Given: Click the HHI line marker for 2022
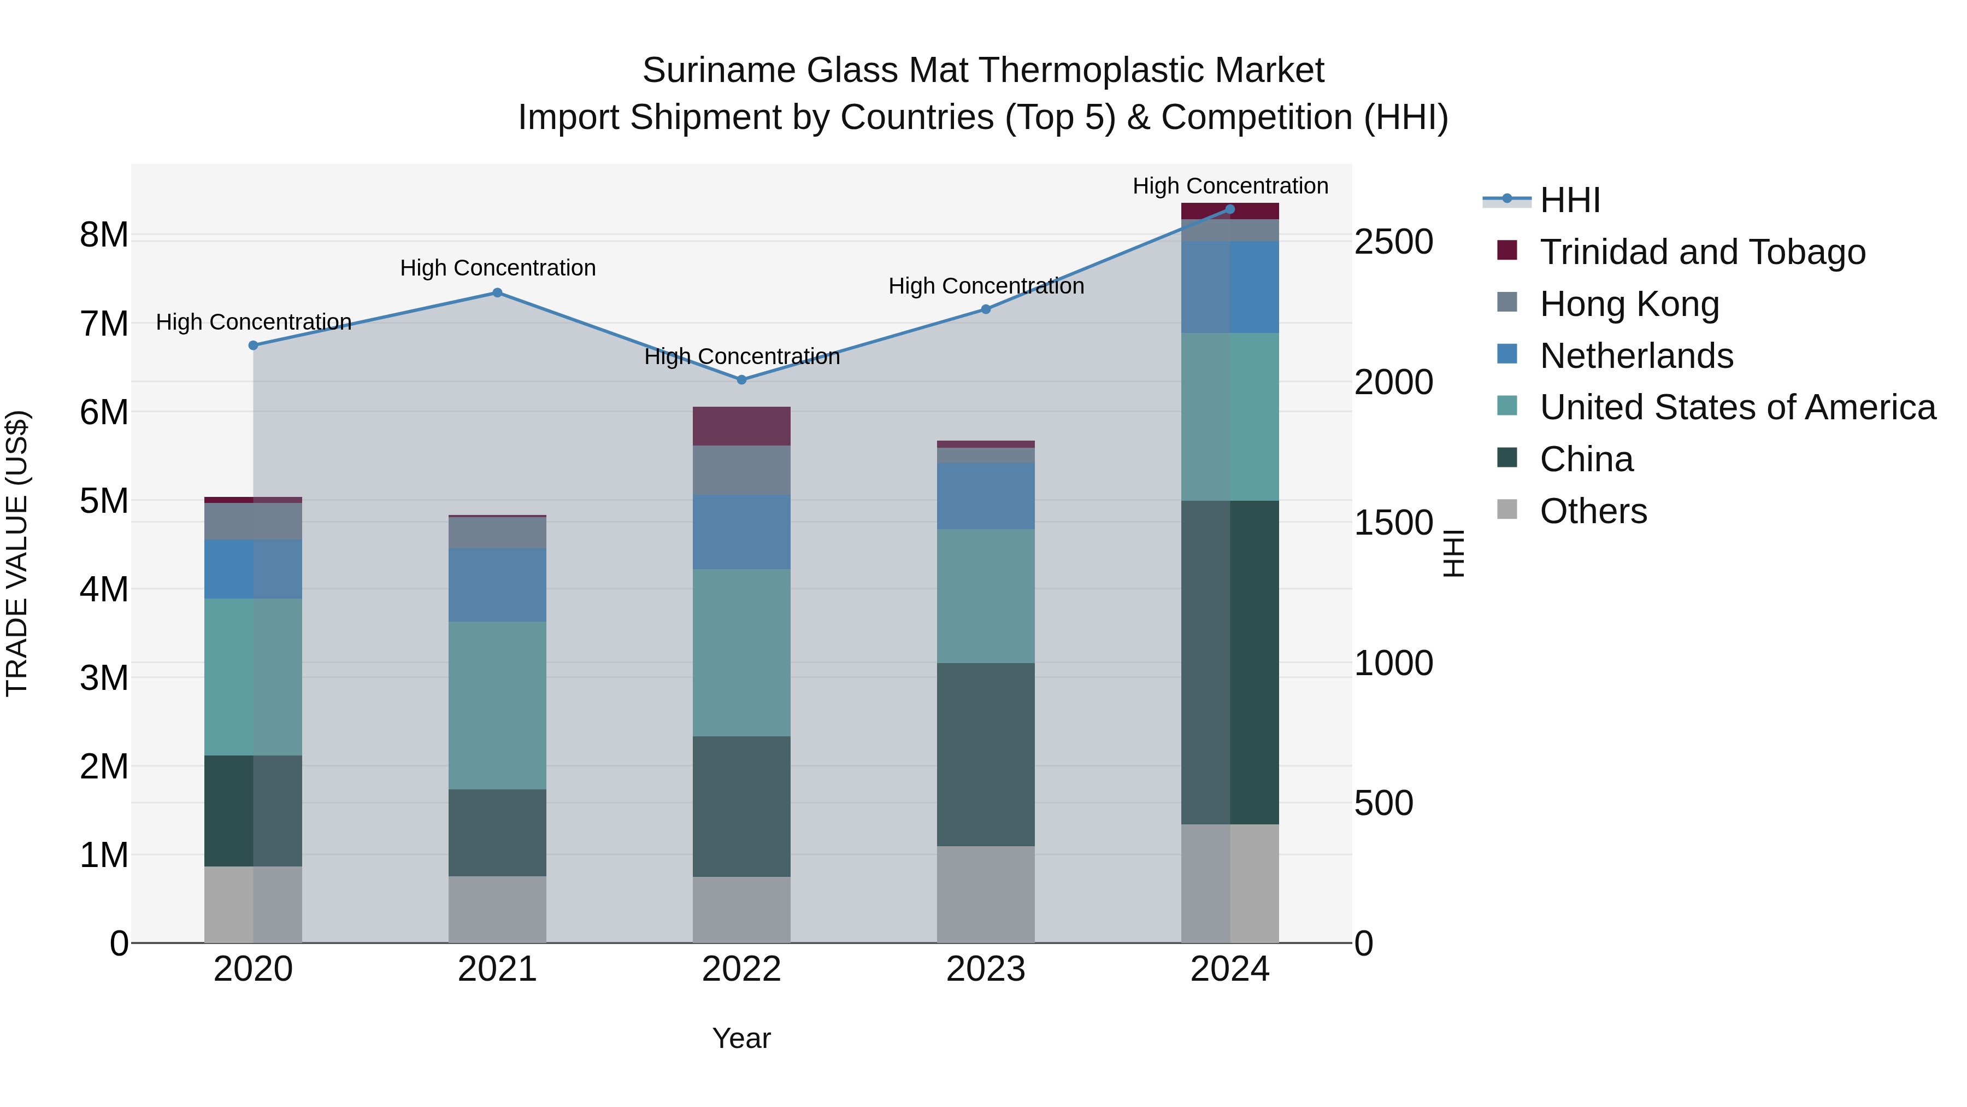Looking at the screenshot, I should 741,380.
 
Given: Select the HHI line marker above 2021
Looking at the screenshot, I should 497,292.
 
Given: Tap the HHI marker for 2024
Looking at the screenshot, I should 1229,209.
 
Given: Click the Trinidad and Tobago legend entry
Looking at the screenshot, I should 1701,252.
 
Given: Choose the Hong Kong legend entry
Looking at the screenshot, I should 1629,304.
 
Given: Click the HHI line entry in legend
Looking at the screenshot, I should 1569,200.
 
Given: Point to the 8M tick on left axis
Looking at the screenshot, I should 104,235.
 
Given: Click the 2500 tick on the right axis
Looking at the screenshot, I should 1393,242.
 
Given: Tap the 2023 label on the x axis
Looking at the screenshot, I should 985,969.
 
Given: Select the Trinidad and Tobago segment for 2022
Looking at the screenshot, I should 741,426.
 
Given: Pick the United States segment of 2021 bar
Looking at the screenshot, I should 497,705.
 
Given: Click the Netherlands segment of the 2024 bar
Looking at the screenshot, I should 1229,287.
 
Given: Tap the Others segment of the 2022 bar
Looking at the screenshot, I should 741,909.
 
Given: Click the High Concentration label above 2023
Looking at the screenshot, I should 985,286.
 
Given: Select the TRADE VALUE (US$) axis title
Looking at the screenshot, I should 17,553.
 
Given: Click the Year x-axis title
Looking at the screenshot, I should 741,1038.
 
